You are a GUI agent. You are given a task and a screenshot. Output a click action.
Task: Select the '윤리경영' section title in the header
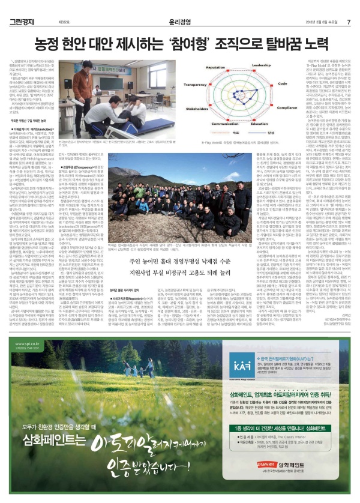[x=180, y=7]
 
